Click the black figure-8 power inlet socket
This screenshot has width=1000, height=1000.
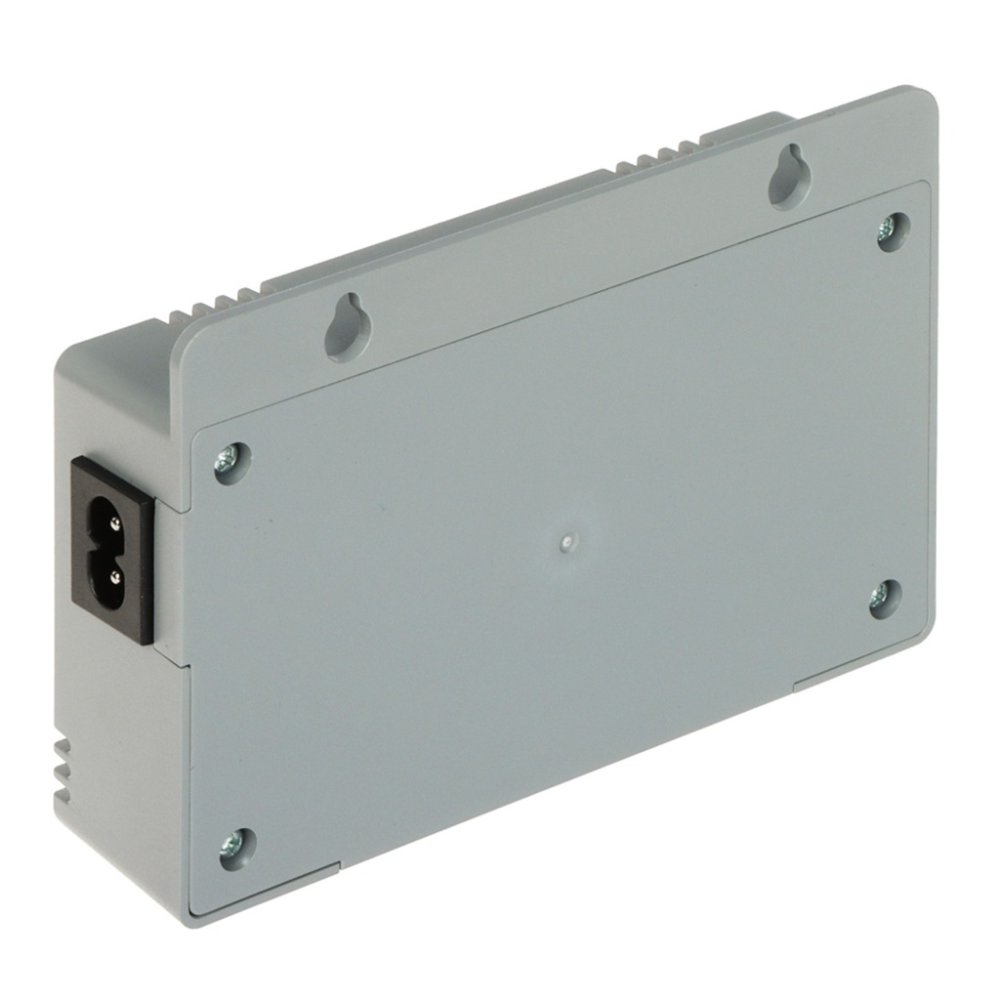click(113, 552)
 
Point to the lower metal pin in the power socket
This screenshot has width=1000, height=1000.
click(114, 577)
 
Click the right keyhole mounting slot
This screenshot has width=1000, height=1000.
click(788, 176)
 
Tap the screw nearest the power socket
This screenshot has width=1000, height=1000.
click(231, 460)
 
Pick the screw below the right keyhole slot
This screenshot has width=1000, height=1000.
click(892, 230)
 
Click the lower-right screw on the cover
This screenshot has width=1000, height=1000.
click(885, 597)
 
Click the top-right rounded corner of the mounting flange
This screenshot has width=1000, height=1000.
click(923, 98)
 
